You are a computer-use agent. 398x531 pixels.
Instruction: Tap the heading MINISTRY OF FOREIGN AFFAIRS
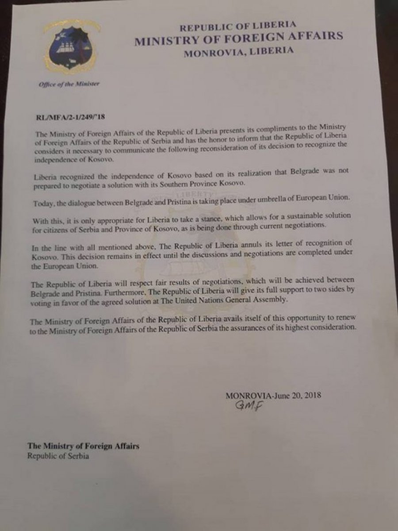[239, 38]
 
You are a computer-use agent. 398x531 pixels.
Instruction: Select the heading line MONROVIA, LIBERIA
[238, 51]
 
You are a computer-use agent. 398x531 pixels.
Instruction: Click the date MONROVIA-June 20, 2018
[273, 396]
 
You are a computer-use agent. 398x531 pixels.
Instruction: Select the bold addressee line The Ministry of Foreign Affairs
[84, 446]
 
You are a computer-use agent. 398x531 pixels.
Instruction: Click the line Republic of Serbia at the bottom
[58, 456]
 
